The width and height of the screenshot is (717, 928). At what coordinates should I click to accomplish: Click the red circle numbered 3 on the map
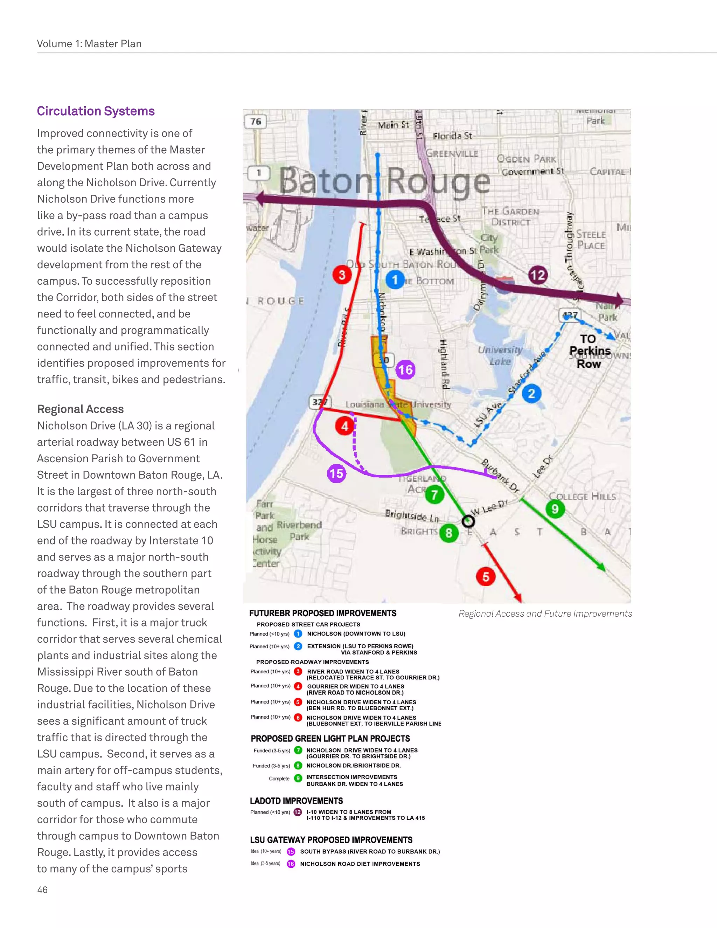click(342, 275)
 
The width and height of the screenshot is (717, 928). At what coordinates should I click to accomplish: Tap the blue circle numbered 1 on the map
click(395, 279)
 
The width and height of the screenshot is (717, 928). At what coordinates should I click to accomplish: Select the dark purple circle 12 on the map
click(537, 275)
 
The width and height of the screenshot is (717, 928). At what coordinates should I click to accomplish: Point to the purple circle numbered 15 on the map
click(336, 473)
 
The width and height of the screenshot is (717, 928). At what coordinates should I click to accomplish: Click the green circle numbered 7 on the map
click(434, 494)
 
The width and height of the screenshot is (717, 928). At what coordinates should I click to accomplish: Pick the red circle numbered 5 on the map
click(486, 577)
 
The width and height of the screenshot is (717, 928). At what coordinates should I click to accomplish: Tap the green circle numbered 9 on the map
click(555, 508)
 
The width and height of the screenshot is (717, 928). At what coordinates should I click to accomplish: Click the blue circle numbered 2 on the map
click(531, 394)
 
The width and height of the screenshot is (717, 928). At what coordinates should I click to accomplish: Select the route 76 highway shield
click(256, 122)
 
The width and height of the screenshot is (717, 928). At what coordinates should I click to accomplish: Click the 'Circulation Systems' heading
click(96, 111)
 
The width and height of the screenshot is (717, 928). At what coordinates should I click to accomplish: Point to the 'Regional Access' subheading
click(80, 409)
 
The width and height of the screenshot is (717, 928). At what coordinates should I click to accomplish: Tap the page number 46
click(42, 890)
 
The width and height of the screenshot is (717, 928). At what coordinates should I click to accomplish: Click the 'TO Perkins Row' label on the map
click(589, 351)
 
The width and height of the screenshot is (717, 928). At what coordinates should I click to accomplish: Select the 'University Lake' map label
click(500, 355)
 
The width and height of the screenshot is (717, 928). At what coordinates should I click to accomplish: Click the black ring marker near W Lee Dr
click(468, 521)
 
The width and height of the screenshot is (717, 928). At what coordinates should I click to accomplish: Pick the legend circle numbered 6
click(298, 717)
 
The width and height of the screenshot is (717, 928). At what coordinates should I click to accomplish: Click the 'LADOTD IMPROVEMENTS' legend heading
click(296, 801)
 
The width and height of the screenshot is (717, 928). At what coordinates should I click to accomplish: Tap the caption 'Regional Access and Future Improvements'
click(545, 614)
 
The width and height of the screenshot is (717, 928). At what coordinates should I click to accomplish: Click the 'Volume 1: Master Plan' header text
click(89, 44)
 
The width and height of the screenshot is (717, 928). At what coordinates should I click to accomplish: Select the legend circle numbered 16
click(291, 864)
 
